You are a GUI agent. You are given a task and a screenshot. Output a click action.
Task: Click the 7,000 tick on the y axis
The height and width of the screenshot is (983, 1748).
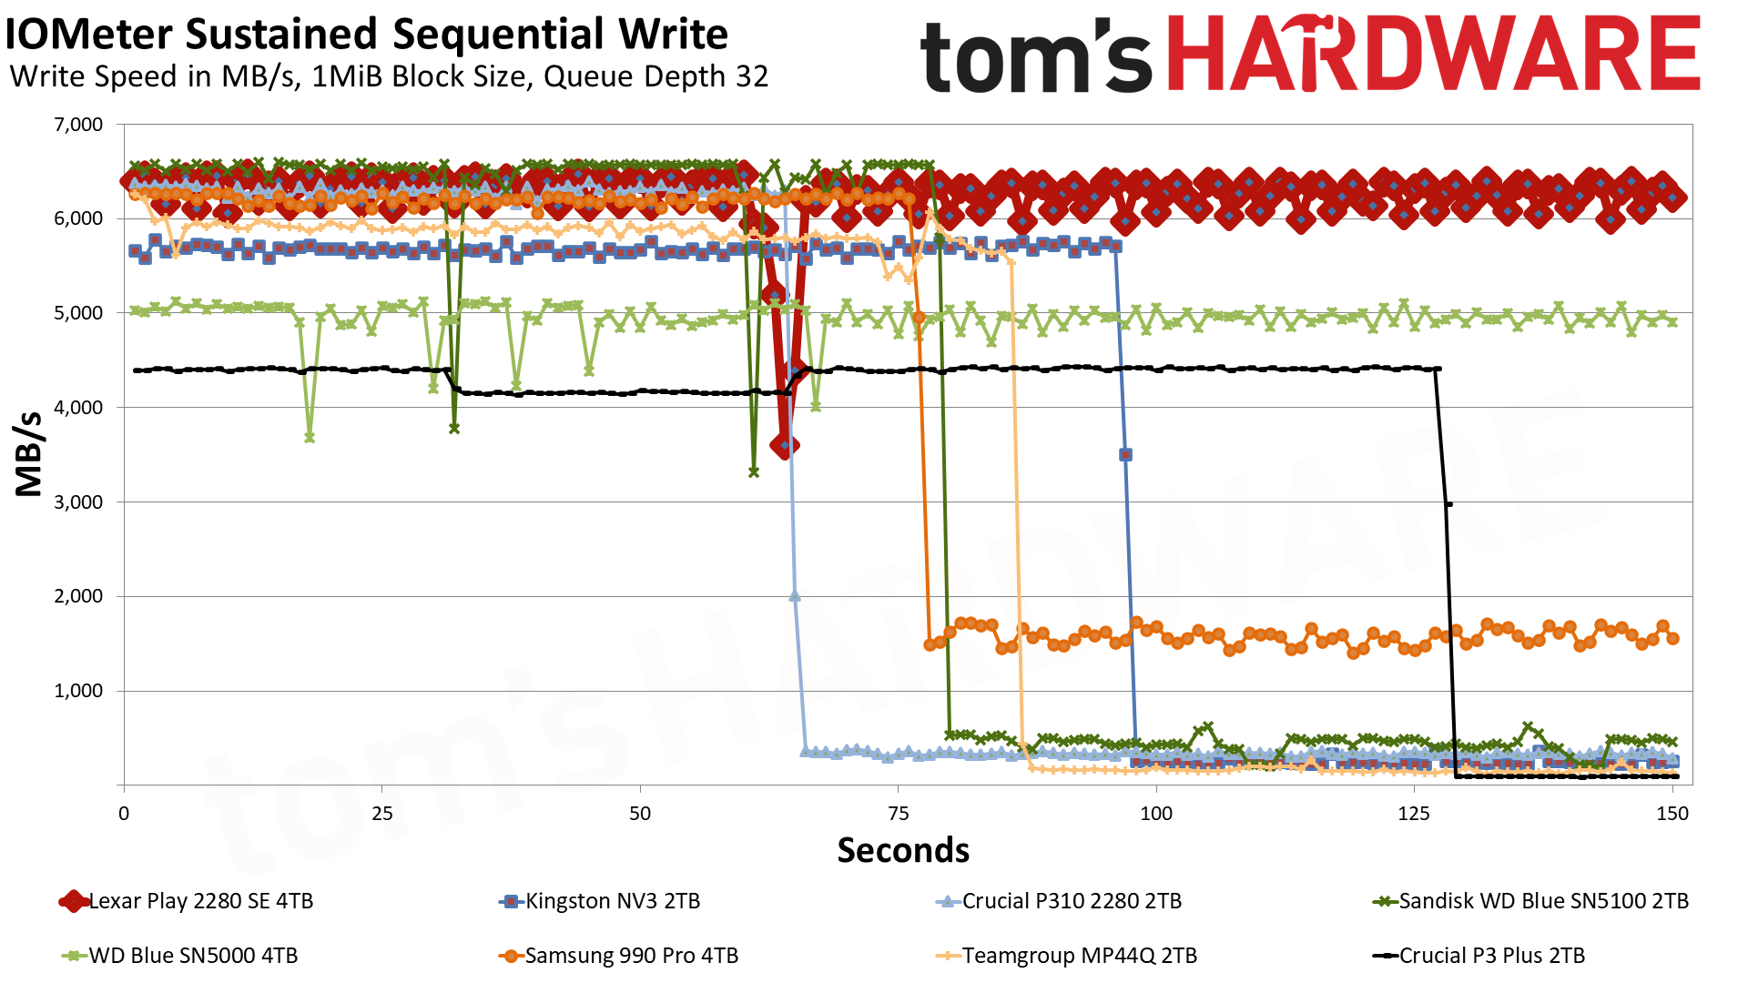79,125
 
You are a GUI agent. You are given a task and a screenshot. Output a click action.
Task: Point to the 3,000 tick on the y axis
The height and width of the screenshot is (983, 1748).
79,502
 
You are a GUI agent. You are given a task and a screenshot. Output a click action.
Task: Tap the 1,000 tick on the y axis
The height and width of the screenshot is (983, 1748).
79,691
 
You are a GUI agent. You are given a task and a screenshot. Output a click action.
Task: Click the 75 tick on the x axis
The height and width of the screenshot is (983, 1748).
898,814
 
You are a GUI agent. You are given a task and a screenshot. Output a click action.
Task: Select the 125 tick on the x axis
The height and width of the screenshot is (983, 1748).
1414,814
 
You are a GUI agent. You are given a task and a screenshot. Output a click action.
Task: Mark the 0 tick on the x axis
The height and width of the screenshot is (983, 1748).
124,814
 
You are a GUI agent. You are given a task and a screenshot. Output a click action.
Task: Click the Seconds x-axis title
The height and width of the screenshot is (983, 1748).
903,850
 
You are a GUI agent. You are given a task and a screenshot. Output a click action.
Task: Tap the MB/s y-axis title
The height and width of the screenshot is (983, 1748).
29,454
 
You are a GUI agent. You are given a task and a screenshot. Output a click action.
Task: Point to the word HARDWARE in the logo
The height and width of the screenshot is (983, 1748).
1433,55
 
